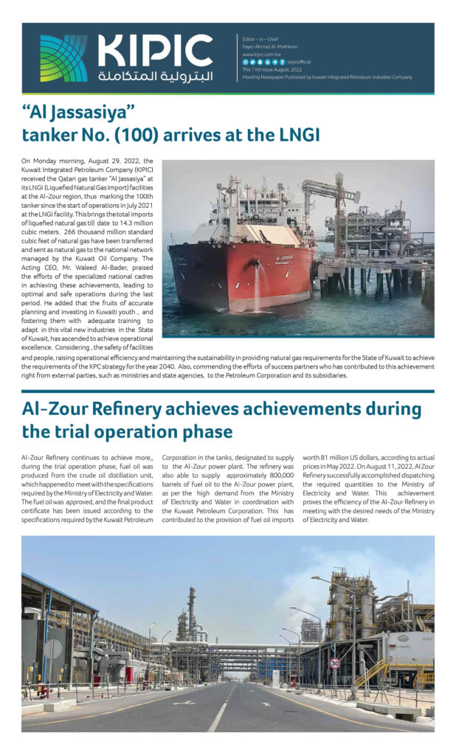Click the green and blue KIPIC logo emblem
(x=63, y=58)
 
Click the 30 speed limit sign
(x=334, y=663)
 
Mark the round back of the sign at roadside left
(x=53, y=648)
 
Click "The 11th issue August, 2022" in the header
(x=272, y=69)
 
